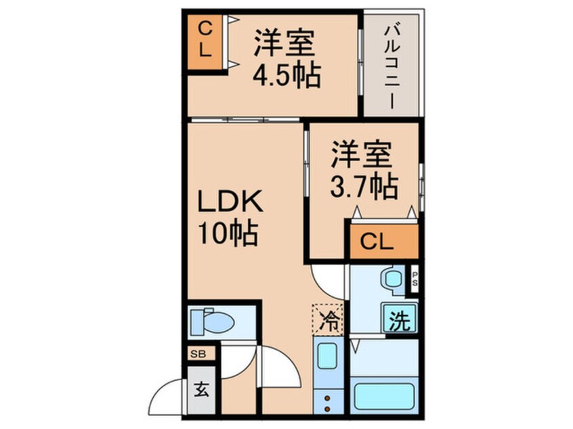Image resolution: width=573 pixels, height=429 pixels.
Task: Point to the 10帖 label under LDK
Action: [226, 234]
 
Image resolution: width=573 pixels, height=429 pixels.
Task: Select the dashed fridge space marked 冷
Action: [327, 317]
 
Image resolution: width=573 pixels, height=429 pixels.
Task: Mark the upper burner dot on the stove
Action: [328, 398]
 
